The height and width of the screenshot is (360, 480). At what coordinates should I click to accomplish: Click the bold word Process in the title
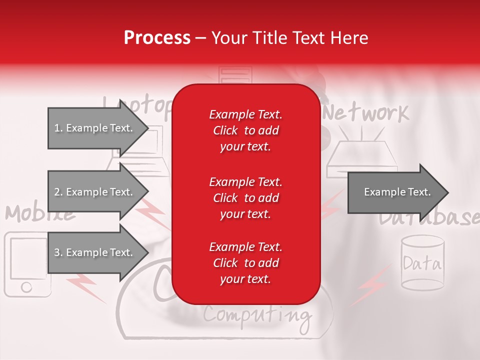pyautogui.click(x=157, y=37)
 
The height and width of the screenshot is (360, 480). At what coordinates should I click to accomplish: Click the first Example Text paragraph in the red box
pyautogui.click(x=245, y=130)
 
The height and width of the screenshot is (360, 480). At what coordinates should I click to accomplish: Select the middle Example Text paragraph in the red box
pyautogui.click(x=245, y=197)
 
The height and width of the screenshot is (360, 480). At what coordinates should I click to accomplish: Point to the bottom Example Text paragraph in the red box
pyautogui.click(x=245, y=263)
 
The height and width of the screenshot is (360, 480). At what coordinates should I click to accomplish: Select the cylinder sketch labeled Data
pyautogui.click(x=422, y=263)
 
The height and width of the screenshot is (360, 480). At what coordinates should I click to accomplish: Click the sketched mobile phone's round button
pyautogui.click(x=26, y=286)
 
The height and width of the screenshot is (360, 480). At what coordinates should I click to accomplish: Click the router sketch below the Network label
pyautogui.click(x=362, y=159)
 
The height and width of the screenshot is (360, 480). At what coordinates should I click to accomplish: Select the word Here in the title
pyautogui.click(x=350, y=37)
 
